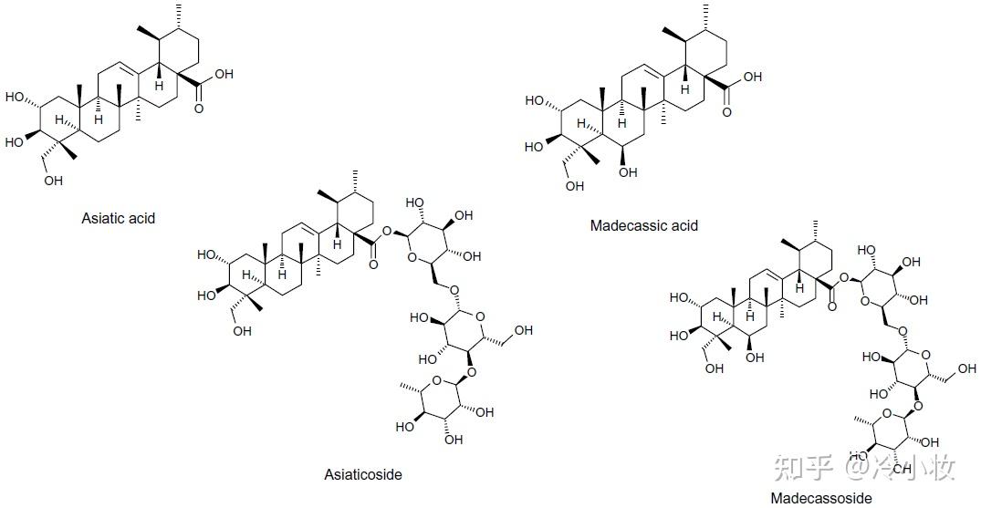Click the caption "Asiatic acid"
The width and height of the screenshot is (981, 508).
coord(118,218)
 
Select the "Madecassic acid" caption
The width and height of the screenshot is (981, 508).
coord(643,225)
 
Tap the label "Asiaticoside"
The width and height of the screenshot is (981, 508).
coord(362,474)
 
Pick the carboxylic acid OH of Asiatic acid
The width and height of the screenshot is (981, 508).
coord(224,75)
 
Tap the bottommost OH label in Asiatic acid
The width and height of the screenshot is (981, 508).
coord(53,181)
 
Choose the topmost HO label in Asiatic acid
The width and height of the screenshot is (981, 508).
coord(14,97)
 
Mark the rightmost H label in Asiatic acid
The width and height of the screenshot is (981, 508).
coord(158,86)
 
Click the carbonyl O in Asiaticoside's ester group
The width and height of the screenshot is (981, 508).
coord(373,264)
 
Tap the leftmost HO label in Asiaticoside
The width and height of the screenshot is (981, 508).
coord(206,254)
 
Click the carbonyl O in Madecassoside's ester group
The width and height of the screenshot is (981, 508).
coord(831,306)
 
